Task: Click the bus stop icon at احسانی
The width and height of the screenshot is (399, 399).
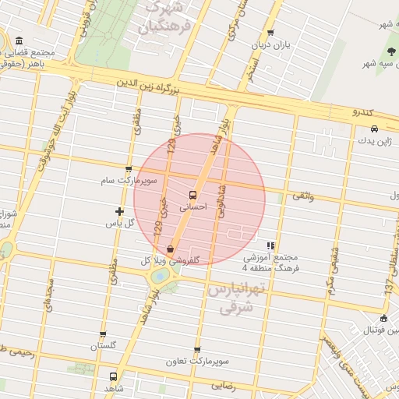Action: pos(192,195)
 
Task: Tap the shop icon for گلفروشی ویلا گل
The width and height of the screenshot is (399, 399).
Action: pos(170,249)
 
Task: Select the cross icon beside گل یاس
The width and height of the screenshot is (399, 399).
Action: pos(119,211)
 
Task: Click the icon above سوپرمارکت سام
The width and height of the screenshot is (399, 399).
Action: pos(129,168)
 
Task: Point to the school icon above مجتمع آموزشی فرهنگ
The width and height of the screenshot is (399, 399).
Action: pos(270,245)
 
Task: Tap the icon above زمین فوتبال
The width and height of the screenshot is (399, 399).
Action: pos(383,317)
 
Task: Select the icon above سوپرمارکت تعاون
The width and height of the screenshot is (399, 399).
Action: pos(196,350)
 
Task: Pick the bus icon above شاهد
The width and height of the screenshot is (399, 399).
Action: pos(114,376)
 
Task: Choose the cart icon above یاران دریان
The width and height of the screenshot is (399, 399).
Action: pos(270,33)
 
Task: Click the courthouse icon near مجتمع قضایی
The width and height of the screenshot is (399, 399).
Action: pos(19,41)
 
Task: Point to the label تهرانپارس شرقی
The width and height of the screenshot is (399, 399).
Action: pos(238,298)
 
